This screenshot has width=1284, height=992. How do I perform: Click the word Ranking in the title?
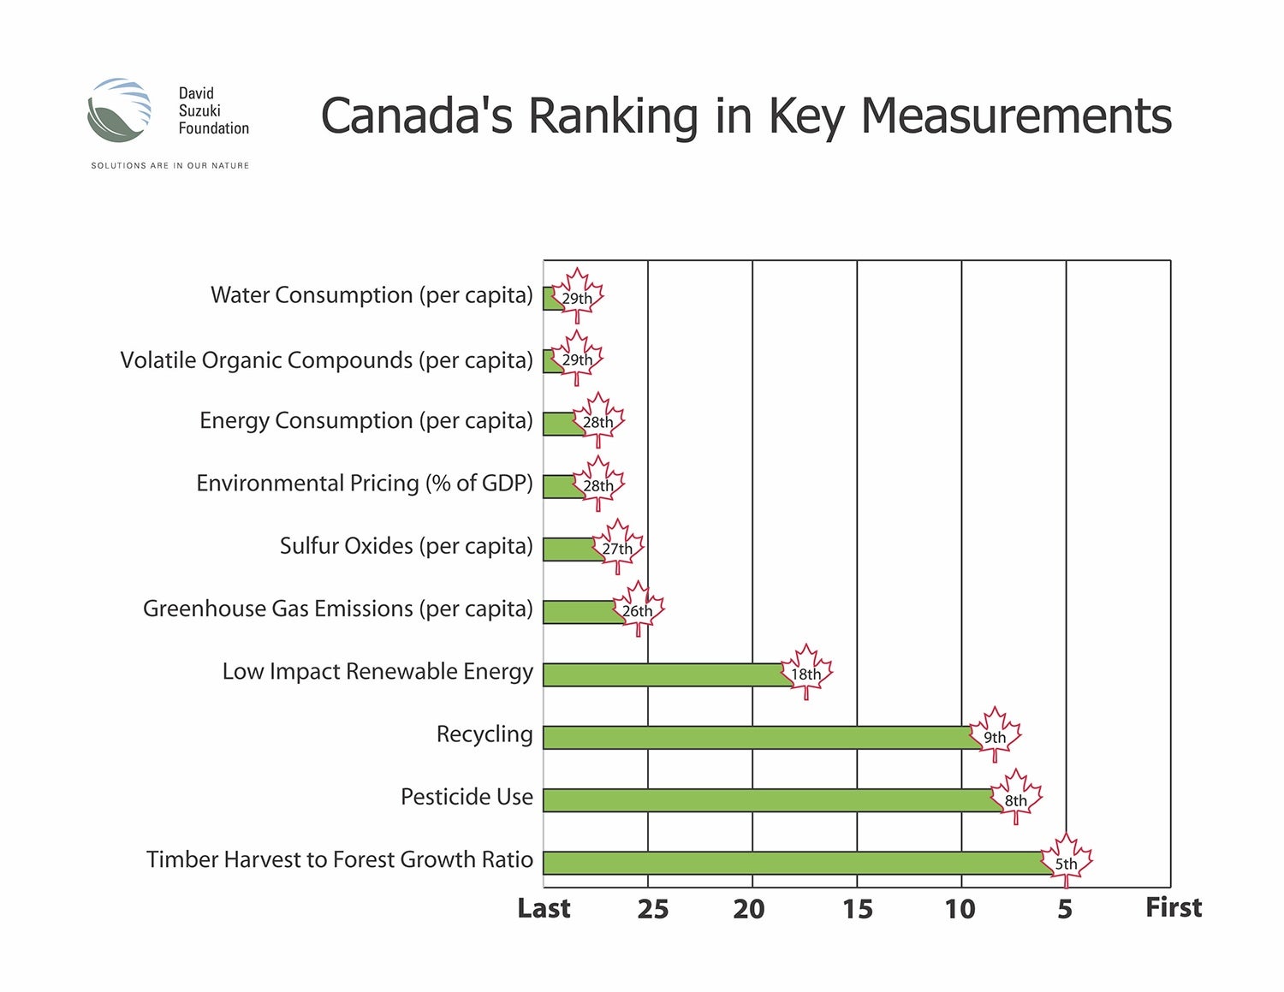click(613, 116)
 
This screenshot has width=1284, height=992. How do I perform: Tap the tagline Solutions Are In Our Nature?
click(169, 165)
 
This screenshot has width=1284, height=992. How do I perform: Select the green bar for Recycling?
click(758, 738)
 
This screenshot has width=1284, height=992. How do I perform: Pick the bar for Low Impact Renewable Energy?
click(663, 674)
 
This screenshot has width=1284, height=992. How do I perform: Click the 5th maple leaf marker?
click(1066, 861)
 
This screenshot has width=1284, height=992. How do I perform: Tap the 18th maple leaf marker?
click(805, 672)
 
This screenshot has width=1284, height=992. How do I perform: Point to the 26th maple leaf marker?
click(638, 609)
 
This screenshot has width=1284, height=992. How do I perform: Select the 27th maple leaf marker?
click(617, 546)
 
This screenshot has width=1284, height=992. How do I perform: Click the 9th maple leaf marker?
click(995, 735)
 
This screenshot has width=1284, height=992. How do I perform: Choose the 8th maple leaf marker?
click(1016, 798)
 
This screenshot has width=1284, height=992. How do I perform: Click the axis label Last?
click(544, 908)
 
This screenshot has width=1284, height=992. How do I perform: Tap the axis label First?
click(1174, 907)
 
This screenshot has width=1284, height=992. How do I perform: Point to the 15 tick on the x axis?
click(857, 909)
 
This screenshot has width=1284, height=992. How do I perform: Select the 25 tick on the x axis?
click(652, 909)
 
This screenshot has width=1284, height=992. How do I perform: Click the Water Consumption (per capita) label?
click(372, 295)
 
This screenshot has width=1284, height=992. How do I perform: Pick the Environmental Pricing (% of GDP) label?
click(365, 484)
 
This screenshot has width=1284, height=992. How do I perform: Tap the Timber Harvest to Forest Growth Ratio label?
click(340, 859)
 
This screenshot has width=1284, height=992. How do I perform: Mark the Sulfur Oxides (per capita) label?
click(406, 546)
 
